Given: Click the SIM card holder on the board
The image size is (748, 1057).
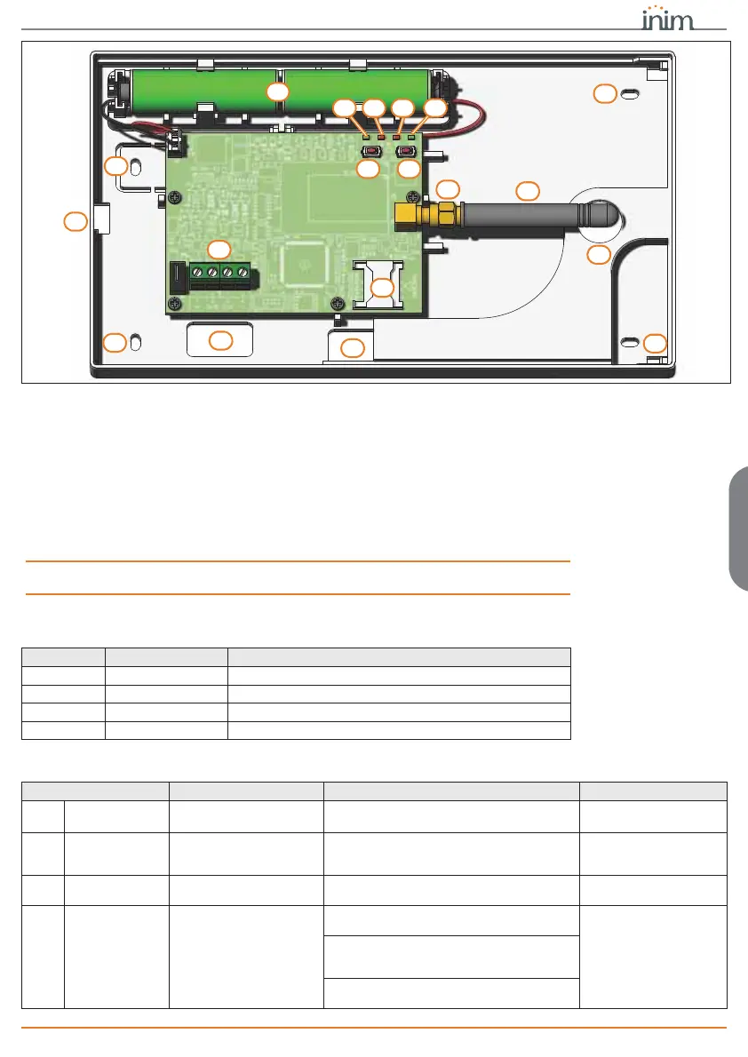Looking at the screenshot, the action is pyautogui.click(x=377, y=282).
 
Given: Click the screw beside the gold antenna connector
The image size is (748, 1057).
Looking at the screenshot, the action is pyautogui.click(x=411, y=196).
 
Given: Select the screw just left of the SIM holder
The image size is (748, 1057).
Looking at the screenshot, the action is pyautogui.click(x=336, y=301).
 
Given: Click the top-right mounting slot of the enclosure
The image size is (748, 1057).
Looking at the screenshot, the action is pyautogui.click(x=628, y=94).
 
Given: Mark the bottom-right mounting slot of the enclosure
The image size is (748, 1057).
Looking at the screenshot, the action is pyautogui.click(x=630, y=343).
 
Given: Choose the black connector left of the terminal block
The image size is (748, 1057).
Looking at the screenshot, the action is pyautogui.click(x=178, y=276).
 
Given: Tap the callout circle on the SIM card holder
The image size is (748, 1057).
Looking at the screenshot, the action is pyautogui.click(x=382, y=288).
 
